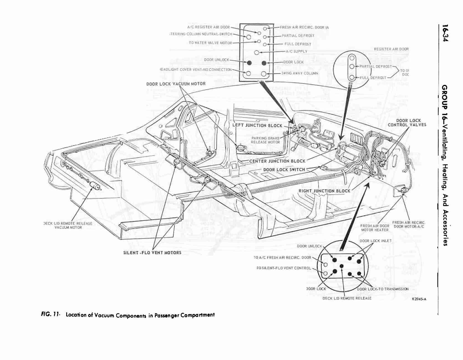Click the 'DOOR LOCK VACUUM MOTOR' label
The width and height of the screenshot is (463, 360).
176,83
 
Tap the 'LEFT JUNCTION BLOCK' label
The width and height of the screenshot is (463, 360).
257,125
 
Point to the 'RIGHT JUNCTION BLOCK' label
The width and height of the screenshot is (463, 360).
324,191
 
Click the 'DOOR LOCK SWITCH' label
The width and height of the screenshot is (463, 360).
284,169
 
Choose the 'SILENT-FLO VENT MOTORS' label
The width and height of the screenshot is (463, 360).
152,252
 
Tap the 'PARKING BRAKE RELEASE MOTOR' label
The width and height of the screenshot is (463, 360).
265,140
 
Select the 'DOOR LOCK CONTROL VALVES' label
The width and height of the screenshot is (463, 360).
407,123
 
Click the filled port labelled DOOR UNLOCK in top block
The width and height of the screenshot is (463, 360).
249,63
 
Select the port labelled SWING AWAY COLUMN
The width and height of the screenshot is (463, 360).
264,74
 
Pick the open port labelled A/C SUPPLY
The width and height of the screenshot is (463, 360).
256,52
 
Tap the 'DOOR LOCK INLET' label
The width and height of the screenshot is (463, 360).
375,241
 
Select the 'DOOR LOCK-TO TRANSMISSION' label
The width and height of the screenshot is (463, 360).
383,289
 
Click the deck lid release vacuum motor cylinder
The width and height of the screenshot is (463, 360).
95,186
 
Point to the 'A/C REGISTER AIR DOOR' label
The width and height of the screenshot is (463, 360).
208,27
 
